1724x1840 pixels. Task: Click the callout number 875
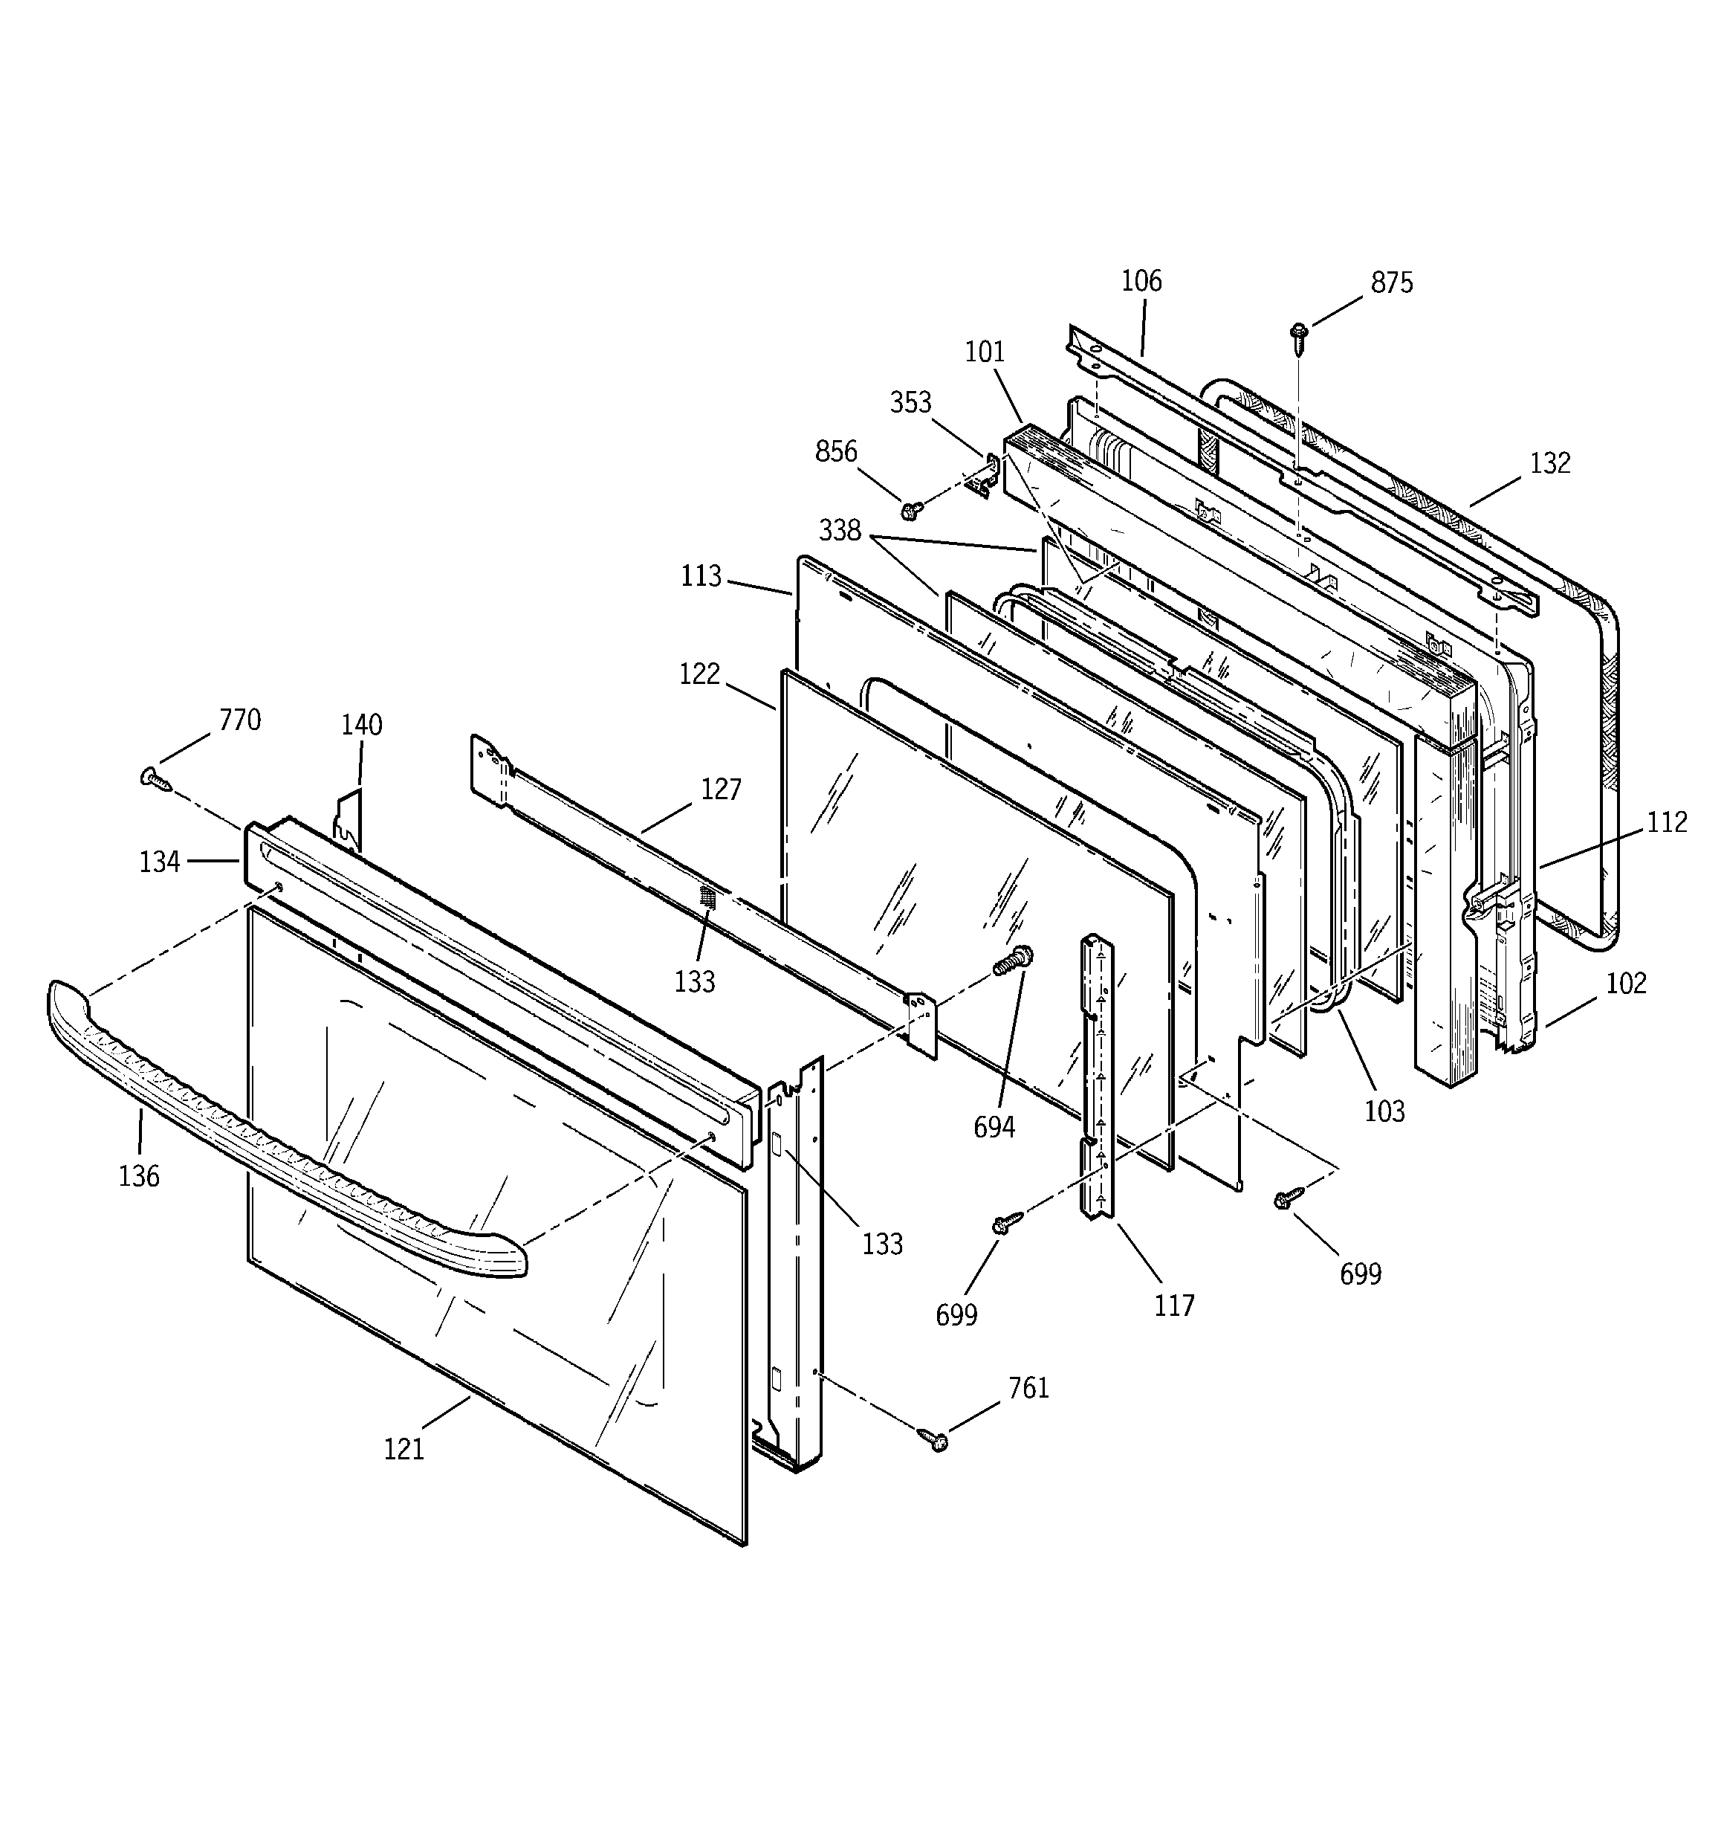click(1391, 283)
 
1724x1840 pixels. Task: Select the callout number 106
click(1140, 281)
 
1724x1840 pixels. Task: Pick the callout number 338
click(839, 532)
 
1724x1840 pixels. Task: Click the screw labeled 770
click(155, 779)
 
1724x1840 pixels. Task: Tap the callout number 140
click(361, 725)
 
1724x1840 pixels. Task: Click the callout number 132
click(1549, 462)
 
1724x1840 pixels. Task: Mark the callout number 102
click(1625, 983)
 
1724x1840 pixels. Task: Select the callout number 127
click(720, 790)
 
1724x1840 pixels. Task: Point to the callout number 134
click(159, 862)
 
